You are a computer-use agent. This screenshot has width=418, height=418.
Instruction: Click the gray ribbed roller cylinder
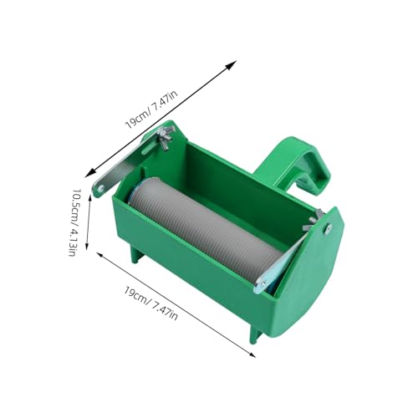point(205,228)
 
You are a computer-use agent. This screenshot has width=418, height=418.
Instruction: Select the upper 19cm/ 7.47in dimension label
point(151,110)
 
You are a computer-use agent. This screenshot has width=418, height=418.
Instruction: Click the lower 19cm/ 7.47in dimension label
point(150,303)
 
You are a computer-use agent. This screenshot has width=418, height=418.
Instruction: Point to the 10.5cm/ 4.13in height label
point(73,222)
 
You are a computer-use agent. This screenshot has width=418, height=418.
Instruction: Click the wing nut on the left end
point(165,136)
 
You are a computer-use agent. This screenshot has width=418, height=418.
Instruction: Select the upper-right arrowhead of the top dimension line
point(232,65)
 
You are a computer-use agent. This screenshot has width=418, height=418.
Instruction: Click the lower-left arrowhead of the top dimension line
point(90,173)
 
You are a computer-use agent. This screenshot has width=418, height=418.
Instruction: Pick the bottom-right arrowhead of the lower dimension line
point(251,354)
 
